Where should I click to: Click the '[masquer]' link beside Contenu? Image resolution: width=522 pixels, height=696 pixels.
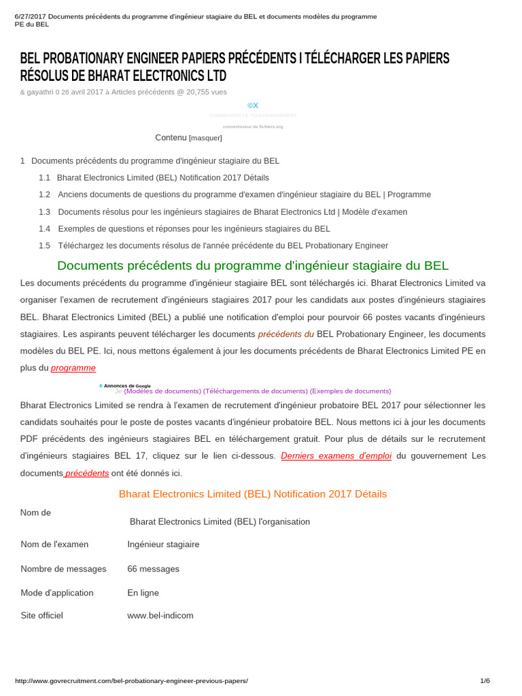pyautogui.click(x=205, y=138)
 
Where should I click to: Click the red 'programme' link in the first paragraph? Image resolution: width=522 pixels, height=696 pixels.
pyautogui.click(x=73, y=368)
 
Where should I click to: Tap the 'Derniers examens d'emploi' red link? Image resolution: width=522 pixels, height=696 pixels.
pyautogui.click(x=336, y=456)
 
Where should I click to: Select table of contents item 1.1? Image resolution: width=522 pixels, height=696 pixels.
pyautogui.click(x=162, y=177)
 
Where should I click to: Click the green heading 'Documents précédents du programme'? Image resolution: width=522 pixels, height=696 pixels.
pyautogui.click(x=253, y=266)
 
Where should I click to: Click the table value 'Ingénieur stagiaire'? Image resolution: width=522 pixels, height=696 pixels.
pyautogui.click(x=163, y=544)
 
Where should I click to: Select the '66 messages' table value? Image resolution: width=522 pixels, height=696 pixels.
pyautogui.click(x=153, y=569)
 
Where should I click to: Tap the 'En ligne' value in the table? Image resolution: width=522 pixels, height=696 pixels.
pyautogui.click(x=143, y=593)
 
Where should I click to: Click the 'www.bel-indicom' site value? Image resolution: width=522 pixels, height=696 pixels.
pyautogui.click(x=160, y=616)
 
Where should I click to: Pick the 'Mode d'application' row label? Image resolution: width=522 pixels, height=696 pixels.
pyautogui.click(x=57, y=593)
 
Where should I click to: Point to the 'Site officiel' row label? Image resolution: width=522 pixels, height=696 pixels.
pyautogui.click(x=42, y=616)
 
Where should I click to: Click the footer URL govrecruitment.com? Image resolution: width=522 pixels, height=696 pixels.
pyautogui.click(x=131, y=680)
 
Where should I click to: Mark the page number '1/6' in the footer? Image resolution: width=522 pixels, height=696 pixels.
pyautogui.click(x=485, y=680)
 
